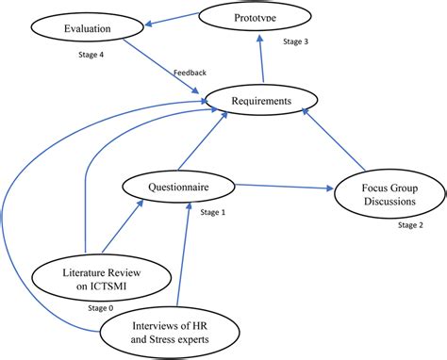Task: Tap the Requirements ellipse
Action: click(x=261, y=99)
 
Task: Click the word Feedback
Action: click(x=190, y=74)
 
